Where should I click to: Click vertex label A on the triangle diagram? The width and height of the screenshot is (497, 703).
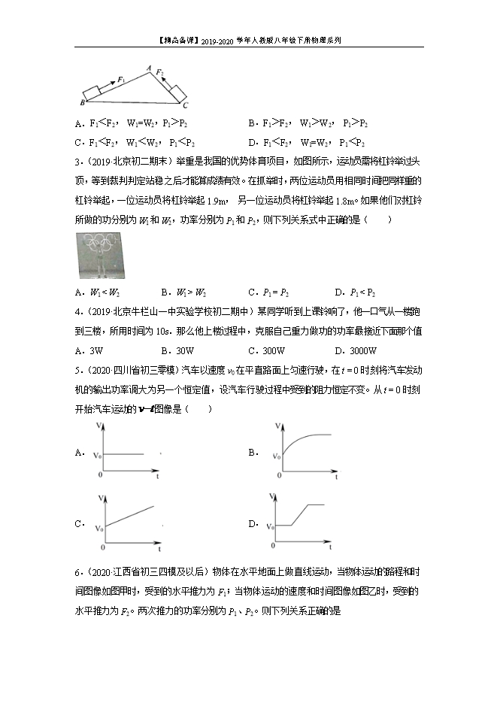click(x=150, y=68)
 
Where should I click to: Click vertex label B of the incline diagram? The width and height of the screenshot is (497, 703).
click(x=81, y=102)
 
